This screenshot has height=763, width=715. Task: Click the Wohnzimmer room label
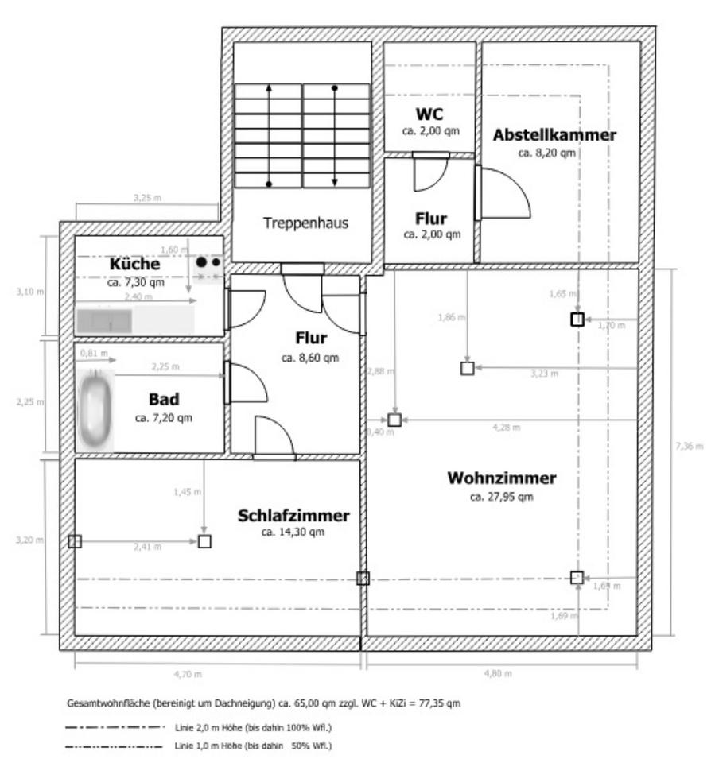(x=501, y=478)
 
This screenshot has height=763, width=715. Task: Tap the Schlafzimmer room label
(x=293, y=516)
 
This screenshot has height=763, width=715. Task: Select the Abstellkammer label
(x=554, y=135)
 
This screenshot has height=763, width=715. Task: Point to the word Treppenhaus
(x=305, y=223)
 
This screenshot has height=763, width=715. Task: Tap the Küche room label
(x=135, y=264)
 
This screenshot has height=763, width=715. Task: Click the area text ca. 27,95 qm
(x=501, y=497)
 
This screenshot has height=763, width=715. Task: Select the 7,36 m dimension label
(x=689, y=446)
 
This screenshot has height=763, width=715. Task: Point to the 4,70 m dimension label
(x=188, y=675)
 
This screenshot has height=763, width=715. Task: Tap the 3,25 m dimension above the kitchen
(x=146, y=196)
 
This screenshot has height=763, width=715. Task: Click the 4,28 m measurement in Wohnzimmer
(x=506, y=428)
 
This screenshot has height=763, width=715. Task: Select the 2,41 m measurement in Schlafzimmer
(x=146, y=547)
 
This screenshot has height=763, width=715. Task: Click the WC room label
(x=429, y=114)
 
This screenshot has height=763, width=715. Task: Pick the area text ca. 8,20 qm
(x=546, y=152)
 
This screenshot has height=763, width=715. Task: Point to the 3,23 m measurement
(x=544, y=373)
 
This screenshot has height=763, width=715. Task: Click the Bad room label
(x=163, y=399)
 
